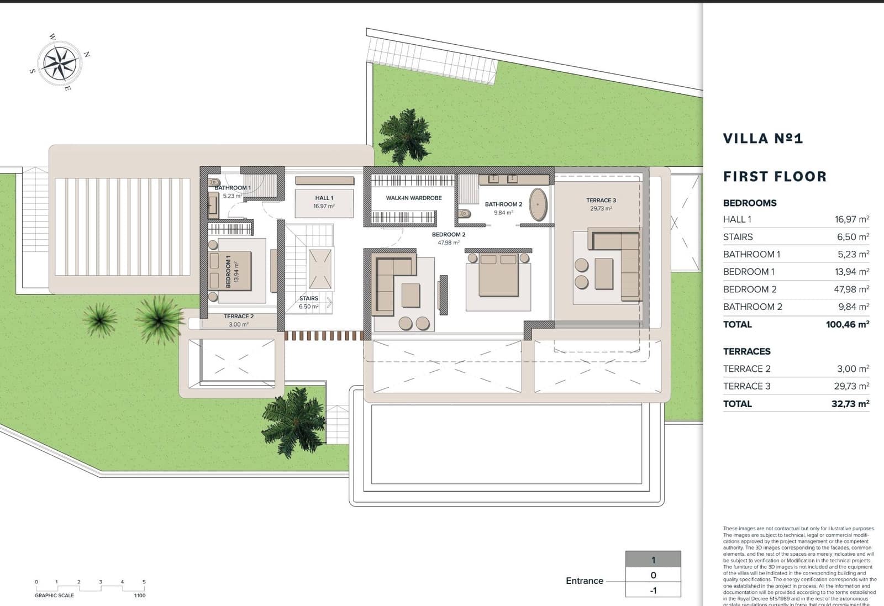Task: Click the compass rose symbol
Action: coord(59,64)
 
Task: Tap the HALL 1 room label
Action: coord(324,198)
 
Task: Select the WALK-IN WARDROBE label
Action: coord(414,198)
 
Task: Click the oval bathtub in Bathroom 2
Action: coord(538,204)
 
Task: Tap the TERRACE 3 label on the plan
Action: coord(601,201)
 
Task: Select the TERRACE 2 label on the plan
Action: coord(239,317)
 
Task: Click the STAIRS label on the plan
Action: coord(309,298)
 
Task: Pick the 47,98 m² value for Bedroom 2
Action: coord(851,289)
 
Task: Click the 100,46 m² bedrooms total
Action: coord(847,324)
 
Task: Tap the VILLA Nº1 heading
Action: coord(762,139)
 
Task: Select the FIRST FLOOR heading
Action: coord(775,177)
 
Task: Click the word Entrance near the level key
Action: coord(585,581)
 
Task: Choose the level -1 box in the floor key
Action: coord(653,591)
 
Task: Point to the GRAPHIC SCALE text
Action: coord(54,596)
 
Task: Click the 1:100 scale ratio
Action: coord(139,596)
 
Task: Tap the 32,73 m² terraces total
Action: coord(850,404)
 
